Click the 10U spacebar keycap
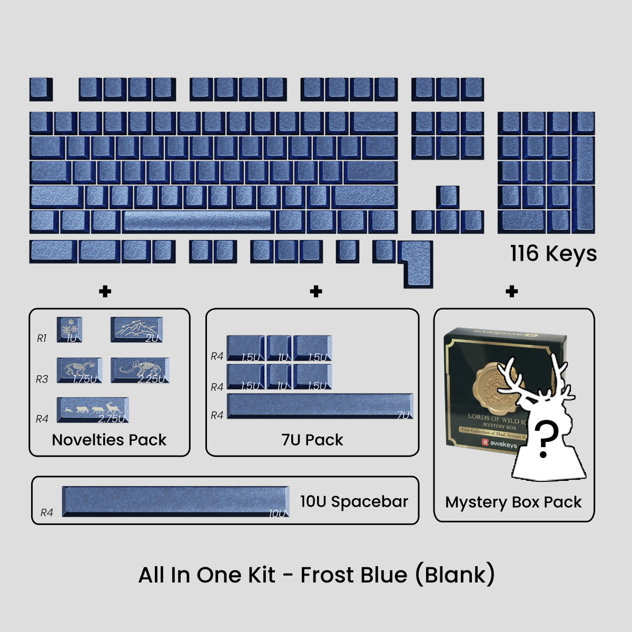pyautogui.click(x=175, y=501)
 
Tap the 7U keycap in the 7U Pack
pyautogui.click(x=320, y=406)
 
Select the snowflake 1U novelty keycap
pyautogui.click(x=69, y=329)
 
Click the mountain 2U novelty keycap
pyautogui.click(x=136, y=330)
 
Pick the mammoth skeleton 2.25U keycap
pyautogui.click(x=140, y=370)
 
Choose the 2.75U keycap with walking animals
pyautogui.click(x=93, y=410)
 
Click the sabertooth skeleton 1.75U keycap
pyautogui.click(x=80, y=370)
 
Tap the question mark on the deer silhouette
pyautogui.click(x=546, y=440)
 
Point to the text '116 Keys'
pyautogui.click(x=553, y=253)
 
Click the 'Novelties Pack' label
pyautogui.click(x=109, y=440)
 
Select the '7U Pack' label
pyautogui.click(x=312, y=440)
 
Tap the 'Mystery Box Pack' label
pyautogui.click(x=513, y=502)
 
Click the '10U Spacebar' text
pyautogui.click(x=354, y=501)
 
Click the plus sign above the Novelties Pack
pyautogui.click(x=105, y=291)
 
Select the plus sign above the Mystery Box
pyautogui.click(x=511, y=291)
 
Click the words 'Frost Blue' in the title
pyautogui.click(x=353, y=575)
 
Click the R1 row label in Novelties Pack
pyautogui.click(x=42, y=338)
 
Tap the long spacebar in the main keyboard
pyautogui.click(x=197, y=221)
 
